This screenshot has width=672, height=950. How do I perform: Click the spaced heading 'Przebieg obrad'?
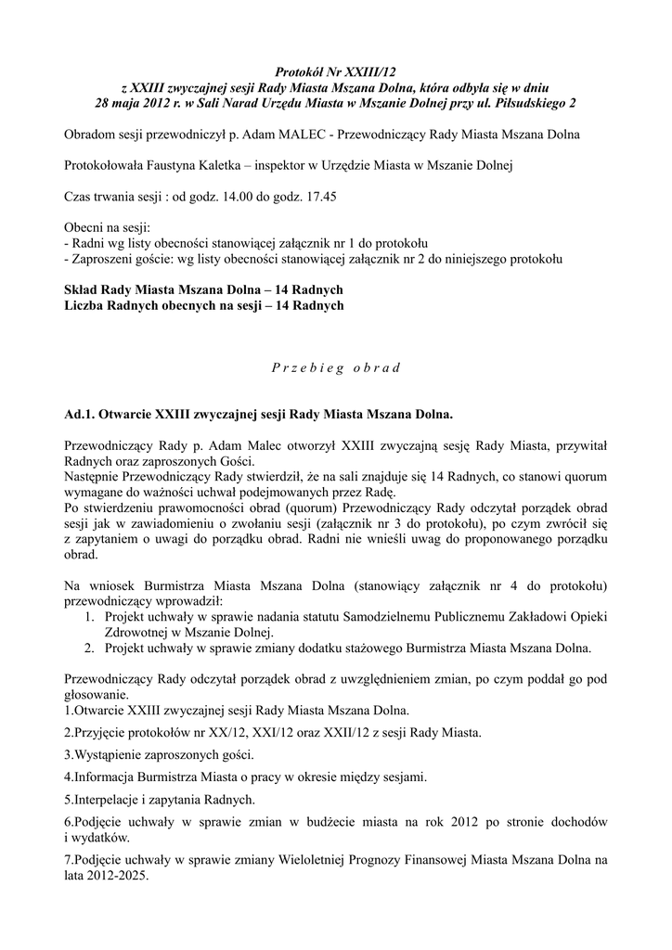[x=335, y=366]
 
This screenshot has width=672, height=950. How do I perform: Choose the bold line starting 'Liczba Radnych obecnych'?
[x=203, y=305]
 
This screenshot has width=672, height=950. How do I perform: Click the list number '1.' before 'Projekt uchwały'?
[x=89, y=615]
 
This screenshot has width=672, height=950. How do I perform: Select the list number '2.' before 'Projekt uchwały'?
[x=89, y=648]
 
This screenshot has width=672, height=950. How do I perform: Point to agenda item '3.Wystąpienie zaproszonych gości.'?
[x=161, y=754]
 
